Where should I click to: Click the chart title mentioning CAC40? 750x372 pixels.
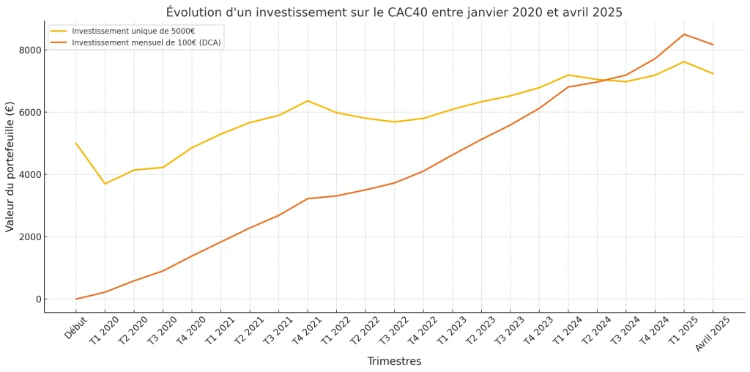click(x=394, y=12)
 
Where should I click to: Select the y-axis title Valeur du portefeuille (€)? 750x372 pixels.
click(x=10, y=167)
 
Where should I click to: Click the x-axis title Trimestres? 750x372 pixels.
click(x=394, y=361)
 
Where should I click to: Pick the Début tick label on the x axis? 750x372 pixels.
click(x=75, y=327)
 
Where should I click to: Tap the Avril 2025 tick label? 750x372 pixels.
click(x=713, y=333)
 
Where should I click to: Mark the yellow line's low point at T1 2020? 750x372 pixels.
click(x=105, y=184)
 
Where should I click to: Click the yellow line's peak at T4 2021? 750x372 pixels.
click(x=308, y=100)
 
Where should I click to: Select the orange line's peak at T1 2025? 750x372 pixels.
click(x=684, y=34)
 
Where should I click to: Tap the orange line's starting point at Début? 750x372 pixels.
click(x=76, y=299)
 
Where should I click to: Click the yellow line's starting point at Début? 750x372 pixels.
click(x=76, y=144)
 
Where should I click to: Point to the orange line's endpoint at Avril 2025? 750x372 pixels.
click(x=713, y=45)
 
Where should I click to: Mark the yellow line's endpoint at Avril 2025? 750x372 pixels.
click(x=713, y=73)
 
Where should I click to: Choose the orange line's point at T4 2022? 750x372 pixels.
click(x=423, y=171)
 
